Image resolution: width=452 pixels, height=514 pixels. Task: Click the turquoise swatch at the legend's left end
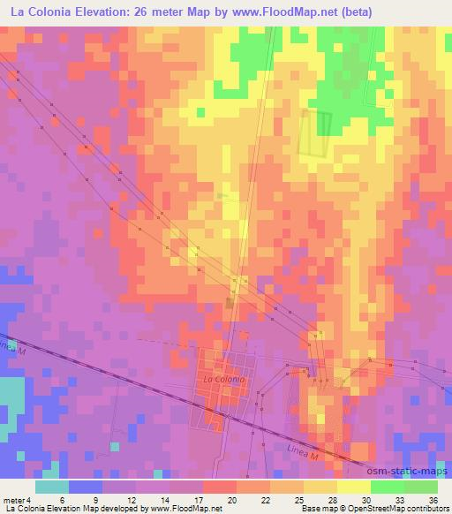(51, 487)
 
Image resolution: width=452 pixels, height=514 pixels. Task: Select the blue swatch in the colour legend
(86, 487)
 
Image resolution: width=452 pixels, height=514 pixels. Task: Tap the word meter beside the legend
(12, 499)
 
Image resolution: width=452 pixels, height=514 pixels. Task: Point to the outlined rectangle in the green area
(316, 132)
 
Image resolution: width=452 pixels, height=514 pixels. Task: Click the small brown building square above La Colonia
(229, 303)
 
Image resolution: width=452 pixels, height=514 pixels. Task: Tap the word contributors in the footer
(426, 510)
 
